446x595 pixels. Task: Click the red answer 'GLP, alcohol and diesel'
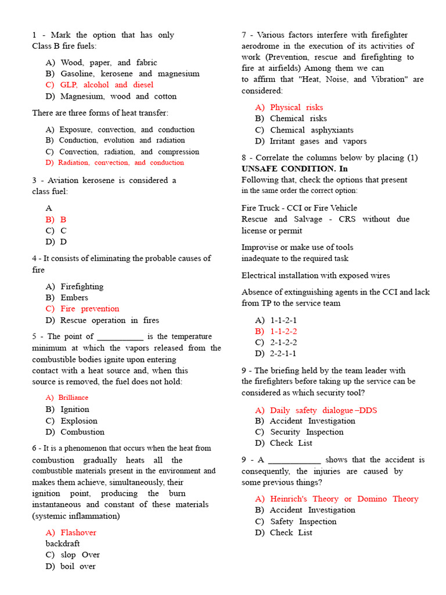107,85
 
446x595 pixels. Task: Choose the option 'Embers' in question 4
74,297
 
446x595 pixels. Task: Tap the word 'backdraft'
63,544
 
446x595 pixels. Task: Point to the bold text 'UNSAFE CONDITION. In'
294,169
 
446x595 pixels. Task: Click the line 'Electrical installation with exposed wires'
315,275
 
